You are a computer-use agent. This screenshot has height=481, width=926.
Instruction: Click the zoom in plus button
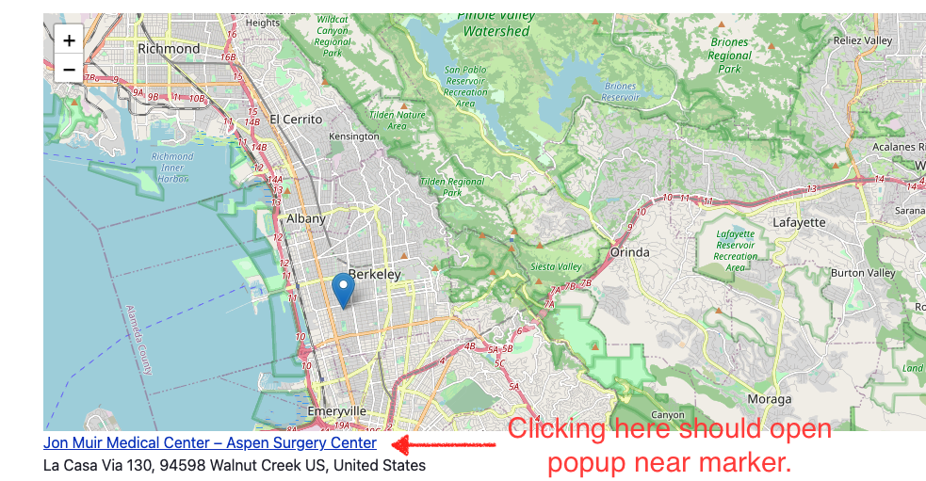point(69,40)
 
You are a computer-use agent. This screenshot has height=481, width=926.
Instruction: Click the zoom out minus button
point(69,70)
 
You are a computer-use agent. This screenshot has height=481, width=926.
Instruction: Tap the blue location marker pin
point(345,290)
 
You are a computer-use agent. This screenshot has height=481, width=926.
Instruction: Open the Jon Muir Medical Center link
point(210,442)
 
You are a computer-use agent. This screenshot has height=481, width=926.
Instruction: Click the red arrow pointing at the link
point(444,442)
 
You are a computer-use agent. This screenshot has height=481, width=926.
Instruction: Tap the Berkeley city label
point(374,274)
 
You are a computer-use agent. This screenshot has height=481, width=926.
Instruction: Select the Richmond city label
point(169,49)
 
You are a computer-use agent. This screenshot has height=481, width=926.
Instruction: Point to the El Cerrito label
point(296,120)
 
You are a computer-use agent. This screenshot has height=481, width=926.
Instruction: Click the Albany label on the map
point(305,218)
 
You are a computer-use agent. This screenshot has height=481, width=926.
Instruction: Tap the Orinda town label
point(630,252)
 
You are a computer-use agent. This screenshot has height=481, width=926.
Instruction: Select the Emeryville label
point(336,411)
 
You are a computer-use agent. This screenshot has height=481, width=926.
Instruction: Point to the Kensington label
point(353,136)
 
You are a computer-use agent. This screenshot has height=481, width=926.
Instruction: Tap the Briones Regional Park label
point(730,56)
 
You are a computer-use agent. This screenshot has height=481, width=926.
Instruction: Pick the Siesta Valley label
point(556,267)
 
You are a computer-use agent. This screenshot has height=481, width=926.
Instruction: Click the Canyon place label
point(668,415)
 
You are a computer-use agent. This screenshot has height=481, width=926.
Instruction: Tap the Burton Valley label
point(862,273)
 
